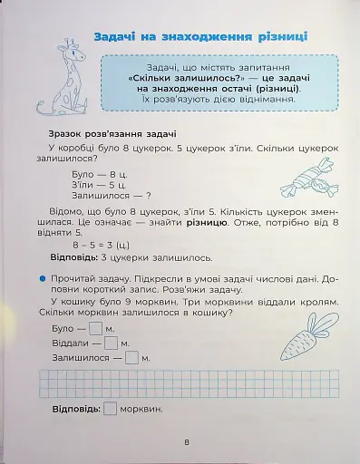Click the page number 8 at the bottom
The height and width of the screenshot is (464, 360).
tap(185, 442)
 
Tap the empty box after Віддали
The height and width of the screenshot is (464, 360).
tap(112, 343)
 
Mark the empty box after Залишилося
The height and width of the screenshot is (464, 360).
tap(131, 358)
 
